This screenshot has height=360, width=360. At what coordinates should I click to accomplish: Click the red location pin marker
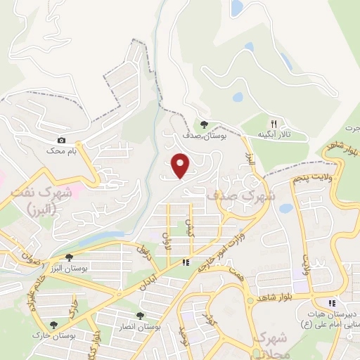click(181, 165)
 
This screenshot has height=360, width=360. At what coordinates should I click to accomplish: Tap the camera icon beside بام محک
click(62, 141)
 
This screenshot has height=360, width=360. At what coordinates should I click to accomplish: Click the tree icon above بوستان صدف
click(205, 124)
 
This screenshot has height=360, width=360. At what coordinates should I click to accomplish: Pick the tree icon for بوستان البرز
click(68, 258)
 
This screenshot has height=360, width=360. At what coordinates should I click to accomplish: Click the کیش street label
click(188, 227)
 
